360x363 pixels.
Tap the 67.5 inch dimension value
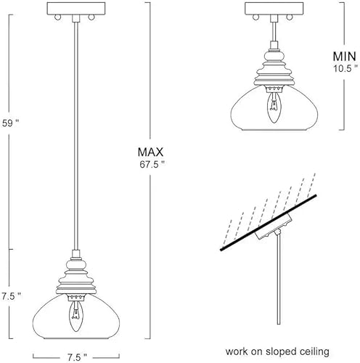151,164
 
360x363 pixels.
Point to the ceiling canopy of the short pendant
274,11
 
